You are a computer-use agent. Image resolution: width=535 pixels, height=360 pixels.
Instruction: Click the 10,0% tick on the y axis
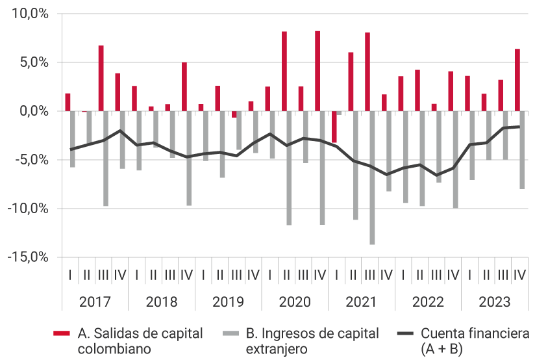29,14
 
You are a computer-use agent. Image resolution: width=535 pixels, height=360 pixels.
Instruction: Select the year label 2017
95,302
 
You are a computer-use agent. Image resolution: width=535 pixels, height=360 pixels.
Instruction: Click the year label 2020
295,302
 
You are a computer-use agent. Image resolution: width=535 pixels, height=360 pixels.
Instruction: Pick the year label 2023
495,302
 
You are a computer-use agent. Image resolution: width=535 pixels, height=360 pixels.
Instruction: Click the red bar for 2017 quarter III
101,78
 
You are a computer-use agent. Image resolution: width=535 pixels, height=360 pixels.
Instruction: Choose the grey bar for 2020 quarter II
289,168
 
